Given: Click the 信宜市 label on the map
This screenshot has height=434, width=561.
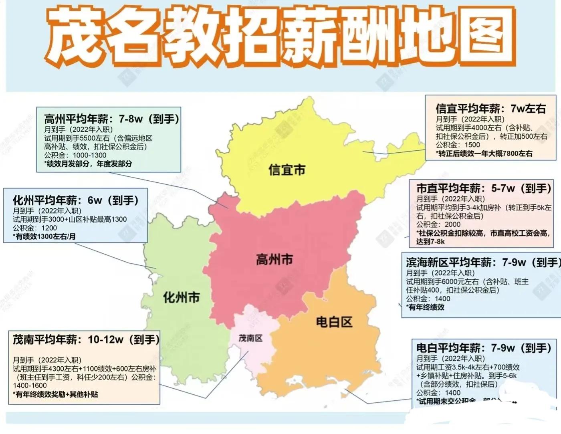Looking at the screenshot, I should click(287, 170).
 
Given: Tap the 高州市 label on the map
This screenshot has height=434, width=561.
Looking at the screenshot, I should click(274, 260).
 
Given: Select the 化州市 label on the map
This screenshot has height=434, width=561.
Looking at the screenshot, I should click(181, 298).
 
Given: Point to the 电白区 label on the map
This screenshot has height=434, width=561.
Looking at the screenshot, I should click(334, 322).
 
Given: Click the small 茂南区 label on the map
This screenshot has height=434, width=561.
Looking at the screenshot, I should click(250, 338).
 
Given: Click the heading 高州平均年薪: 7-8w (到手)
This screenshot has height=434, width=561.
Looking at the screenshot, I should click(111, 119).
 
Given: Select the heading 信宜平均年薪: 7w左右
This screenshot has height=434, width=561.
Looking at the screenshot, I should click(490, 109).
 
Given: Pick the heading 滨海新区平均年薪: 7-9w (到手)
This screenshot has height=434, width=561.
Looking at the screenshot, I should click(482, 262).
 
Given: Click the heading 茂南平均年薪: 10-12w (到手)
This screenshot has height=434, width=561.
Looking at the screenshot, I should click(86, 340).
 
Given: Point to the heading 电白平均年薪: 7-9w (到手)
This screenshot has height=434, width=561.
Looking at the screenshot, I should click(484, 348).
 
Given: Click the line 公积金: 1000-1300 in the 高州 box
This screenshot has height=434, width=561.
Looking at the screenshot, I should click(75, 155).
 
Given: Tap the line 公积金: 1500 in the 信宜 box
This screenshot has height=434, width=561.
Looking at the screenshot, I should click(458, 145).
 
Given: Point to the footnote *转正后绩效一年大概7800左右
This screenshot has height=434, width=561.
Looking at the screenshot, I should click(484, 153).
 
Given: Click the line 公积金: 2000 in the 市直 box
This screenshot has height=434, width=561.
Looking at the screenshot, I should click(438, 224).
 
